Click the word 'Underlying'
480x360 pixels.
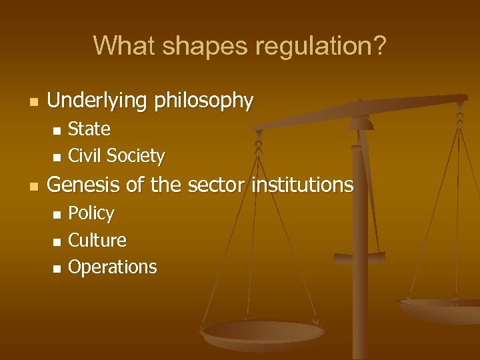click(99, 101)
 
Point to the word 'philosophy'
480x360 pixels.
click(204, 101)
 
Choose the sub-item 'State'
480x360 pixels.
click(89, 129)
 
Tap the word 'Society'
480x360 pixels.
click(135, 156)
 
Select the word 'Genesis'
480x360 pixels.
click(84, 185)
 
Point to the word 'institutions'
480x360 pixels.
click(302, 185)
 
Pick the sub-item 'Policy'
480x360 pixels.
click(91, 213)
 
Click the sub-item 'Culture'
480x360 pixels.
click(97, 240)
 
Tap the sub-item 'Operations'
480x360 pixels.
click(113, 267)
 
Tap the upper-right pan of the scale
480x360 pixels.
click(440, 308)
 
